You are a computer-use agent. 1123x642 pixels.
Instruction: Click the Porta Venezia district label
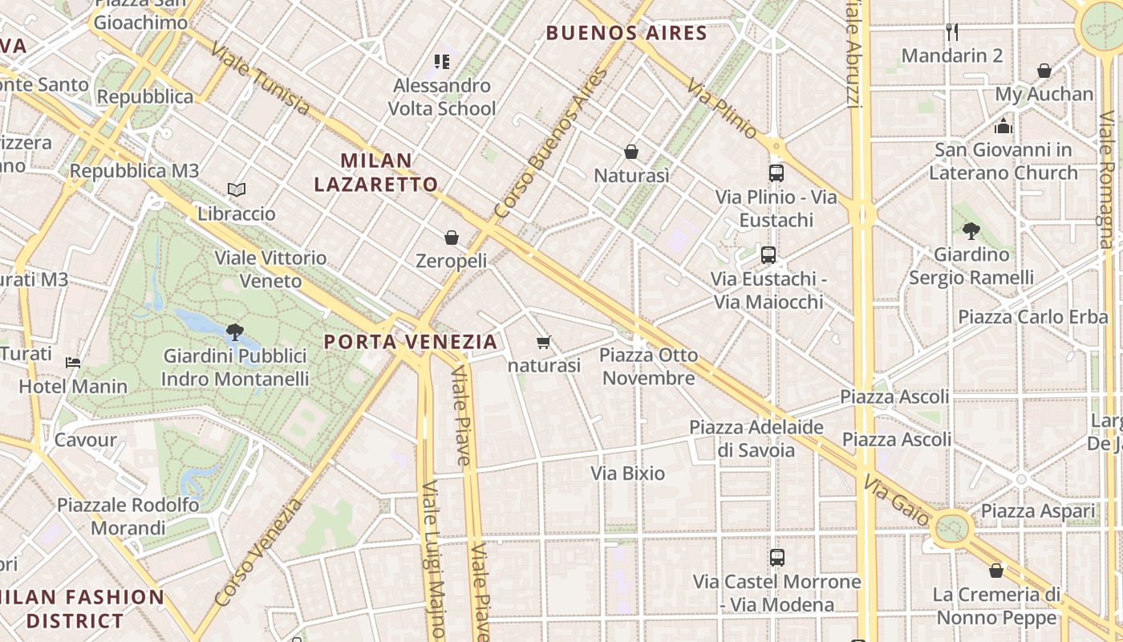point(410,342)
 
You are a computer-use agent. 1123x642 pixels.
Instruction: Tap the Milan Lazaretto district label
point(375,173)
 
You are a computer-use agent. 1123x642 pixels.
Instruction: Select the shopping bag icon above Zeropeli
point(452,238)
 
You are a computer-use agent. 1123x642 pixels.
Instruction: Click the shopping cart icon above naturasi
point(543,343)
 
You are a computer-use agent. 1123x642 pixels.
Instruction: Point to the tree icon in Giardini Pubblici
point(234,331)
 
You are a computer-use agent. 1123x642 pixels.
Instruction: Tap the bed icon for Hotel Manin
point(73,362)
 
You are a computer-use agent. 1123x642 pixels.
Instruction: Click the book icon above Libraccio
point(236,190)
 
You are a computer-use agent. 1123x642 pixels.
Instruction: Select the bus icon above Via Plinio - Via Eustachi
point(776,173)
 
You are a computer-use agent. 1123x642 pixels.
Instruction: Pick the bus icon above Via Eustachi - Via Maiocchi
point(768,255)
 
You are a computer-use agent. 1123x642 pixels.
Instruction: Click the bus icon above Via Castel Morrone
point(776,557)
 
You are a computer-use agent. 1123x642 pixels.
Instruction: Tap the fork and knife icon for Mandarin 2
point(952,32)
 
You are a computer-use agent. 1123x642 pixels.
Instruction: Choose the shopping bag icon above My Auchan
point(1044,71)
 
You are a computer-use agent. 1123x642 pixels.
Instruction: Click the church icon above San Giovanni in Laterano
point(1003,126)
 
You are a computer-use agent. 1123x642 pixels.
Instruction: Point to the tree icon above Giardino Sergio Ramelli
point(971,231)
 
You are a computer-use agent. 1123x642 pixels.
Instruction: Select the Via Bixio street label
point(628,473)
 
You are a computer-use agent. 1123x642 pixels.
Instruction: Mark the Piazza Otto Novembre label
point(648,367)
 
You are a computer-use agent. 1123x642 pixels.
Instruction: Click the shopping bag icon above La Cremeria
point(995,571)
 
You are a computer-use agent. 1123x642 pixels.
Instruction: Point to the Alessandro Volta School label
point(442,97)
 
